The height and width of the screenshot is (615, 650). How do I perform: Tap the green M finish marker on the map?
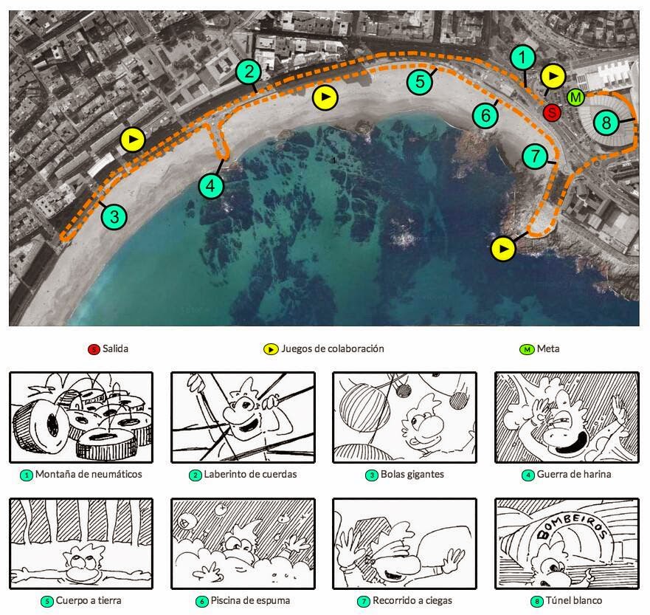[575, 97]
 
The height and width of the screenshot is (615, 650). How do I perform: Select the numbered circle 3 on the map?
[114, 217]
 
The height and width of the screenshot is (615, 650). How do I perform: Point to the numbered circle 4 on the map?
[211, 186]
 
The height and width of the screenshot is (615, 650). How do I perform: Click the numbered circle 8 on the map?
[606, 120]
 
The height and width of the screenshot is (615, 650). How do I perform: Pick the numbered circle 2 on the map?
[249, 72]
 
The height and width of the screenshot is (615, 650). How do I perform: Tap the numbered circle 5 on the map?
[420, 80]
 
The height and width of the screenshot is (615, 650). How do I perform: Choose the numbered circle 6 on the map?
[485, 116]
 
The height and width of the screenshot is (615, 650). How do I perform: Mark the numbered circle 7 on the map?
[535, 157]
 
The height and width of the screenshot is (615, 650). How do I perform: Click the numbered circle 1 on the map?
[522, 56]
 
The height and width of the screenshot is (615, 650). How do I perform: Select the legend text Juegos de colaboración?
[333, 348]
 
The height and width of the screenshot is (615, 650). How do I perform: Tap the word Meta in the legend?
[547, 348]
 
